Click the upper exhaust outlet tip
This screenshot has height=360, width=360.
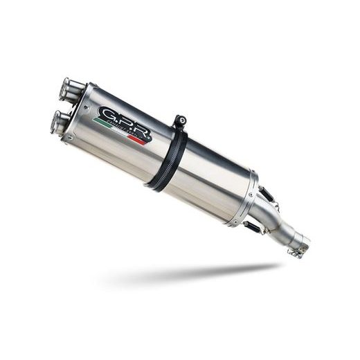coord(69,88)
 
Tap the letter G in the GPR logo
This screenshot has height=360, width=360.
coord(108,114)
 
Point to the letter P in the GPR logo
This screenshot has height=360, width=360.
coord(124,122)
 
